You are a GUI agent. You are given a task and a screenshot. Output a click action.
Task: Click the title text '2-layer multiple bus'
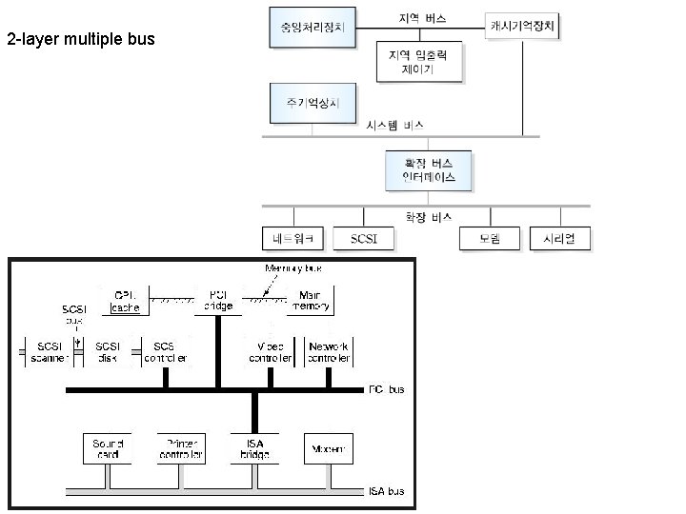point(80,40)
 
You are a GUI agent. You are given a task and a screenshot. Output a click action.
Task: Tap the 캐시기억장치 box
point(522,26)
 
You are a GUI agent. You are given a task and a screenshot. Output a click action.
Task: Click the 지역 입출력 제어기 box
point(419,63)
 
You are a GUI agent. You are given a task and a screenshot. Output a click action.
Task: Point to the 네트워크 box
point(294,238)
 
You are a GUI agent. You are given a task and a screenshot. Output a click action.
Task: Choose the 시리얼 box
point(560,238)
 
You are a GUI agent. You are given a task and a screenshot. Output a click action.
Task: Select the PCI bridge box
point(218,300)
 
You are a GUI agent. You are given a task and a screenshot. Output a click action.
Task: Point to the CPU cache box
point(125,300)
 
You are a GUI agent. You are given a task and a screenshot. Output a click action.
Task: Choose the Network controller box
point(330,351)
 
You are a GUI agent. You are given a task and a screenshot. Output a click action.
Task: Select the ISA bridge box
point(254,448)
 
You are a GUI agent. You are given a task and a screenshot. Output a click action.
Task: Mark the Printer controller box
point(181,448)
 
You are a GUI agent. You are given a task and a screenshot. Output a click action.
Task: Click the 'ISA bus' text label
point(387,492)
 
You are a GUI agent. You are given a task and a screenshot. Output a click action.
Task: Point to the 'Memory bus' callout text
point(287,268)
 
